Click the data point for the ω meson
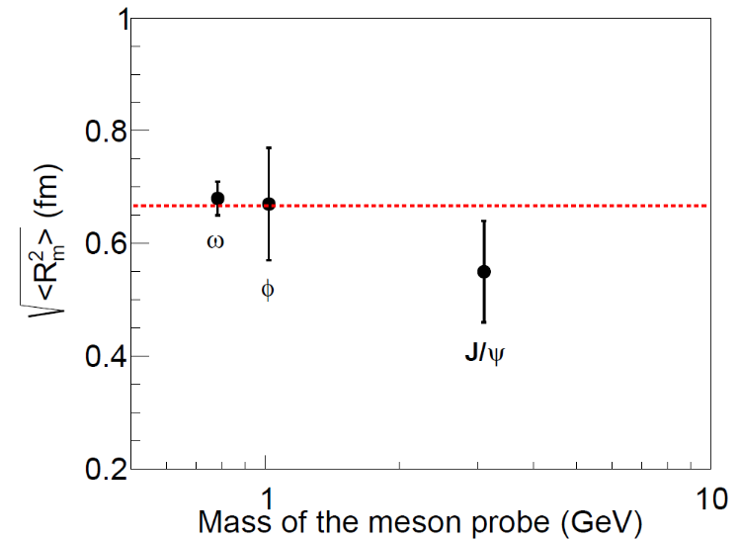tap(218, 198)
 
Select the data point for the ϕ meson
tap(268, 204)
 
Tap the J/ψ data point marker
tap(484, 271)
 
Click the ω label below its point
tap(214, 240)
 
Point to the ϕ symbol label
tap(267, 289)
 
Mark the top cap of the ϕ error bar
tap(268, 147)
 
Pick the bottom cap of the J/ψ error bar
tap(484, 321)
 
